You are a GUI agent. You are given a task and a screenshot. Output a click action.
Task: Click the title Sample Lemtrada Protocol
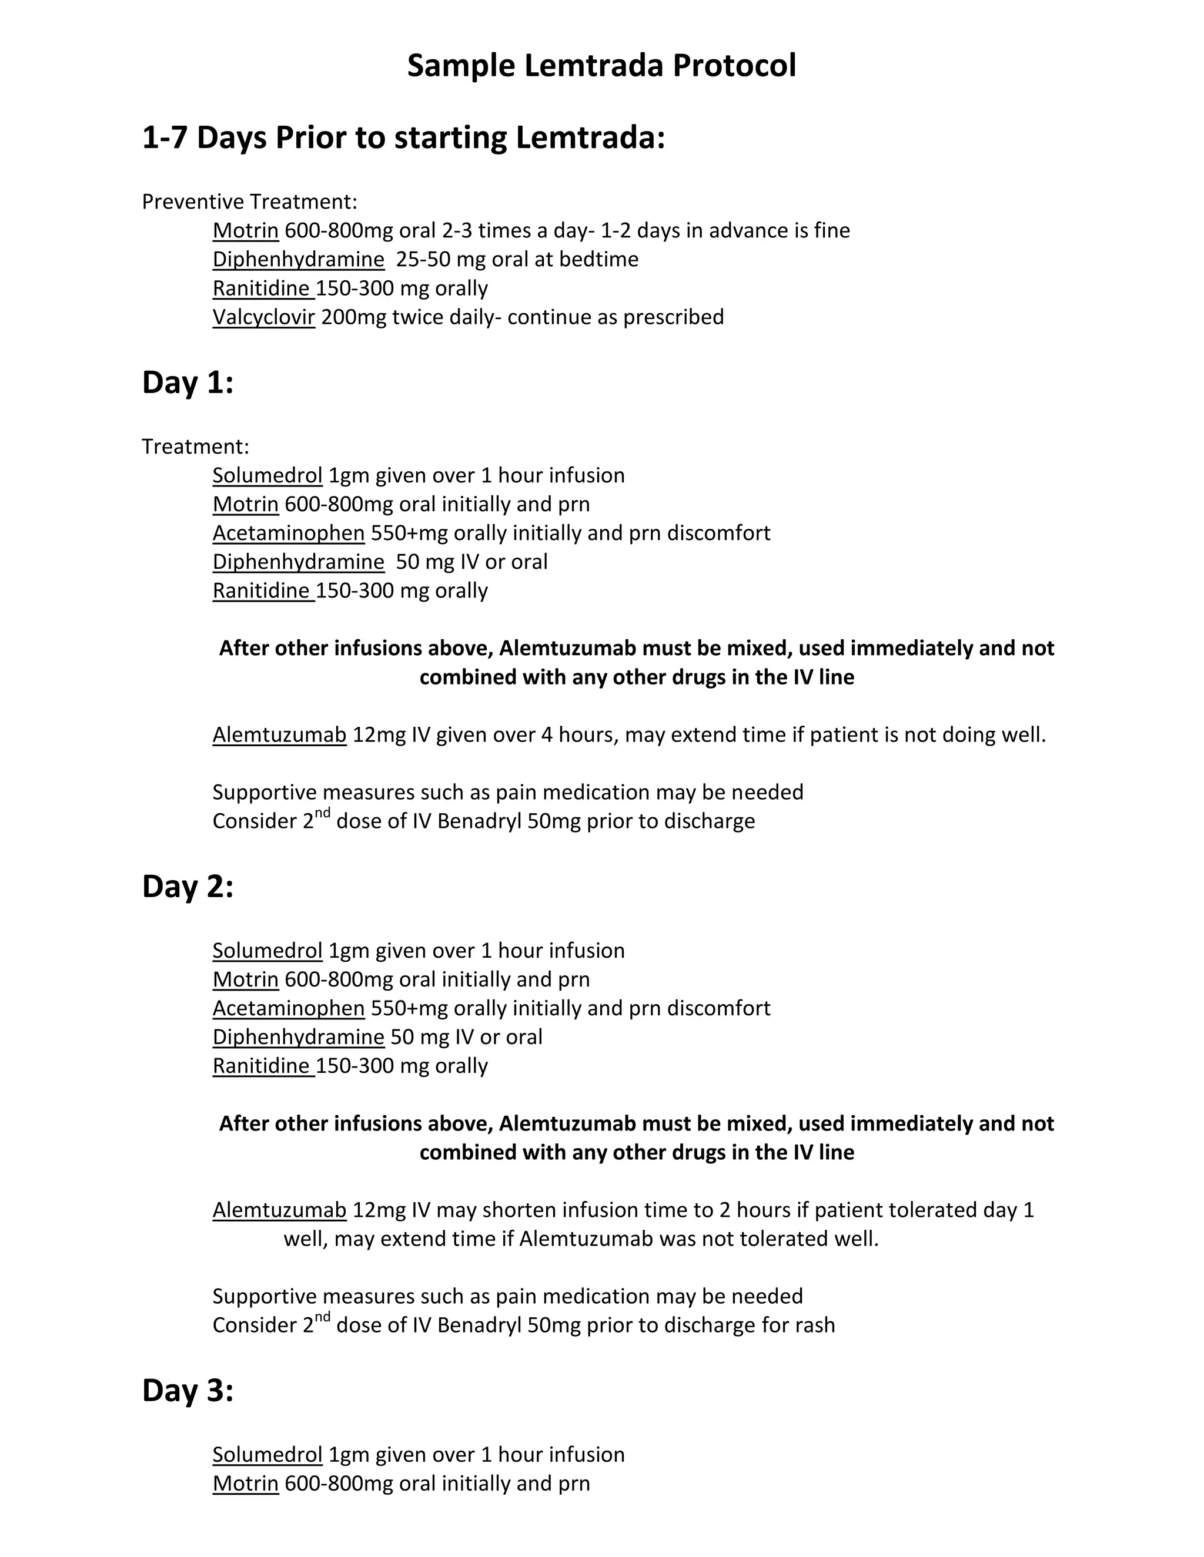pos(601,66)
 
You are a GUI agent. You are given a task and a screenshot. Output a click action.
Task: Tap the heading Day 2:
pos(188,886)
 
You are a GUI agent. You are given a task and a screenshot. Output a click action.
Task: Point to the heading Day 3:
pos(188,1390)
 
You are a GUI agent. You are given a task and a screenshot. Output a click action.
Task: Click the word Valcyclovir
pos(264,317)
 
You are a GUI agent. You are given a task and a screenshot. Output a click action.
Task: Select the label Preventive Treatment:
pos(249,202)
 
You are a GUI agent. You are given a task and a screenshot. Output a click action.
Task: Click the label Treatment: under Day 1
pos(195,447)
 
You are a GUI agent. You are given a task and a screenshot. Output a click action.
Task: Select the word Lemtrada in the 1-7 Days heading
pos(590,137)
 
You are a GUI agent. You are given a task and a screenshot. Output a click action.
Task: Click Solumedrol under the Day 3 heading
pos(267,1454)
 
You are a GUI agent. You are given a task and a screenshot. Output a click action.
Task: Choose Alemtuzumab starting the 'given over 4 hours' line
pos(280,734)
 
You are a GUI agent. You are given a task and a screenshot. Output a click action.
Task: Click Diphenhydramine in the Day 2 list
pos(298,1036)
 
